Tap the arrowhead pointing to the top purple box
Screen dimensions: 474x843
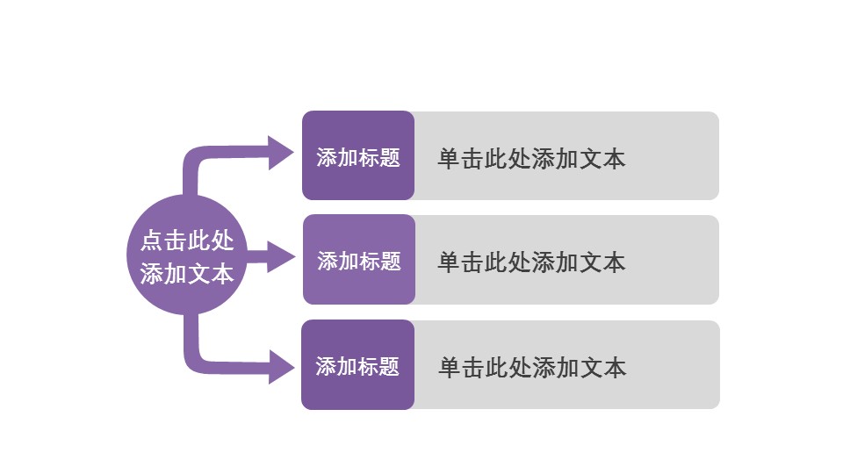tap(280, 153)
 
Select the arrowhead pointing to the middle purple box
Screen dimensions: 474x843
tap(281, 257)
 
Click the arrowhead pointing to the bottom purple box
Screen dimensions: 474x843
tap(280, 366)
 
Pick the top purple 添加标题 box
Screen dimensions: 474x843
tap(357, 155)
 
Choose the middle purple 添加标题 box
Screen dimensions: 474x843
tap(358, 260)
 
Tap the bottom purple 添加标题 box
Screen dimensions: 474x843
tap(357, 364)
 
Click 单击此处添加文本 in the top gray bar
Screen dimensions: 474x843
tap(531, 159)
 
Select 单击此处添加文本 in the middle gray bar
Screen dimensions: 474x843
tap(531, 262)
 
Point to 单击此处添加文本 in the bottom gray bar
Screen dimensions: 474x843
tap(532, 367)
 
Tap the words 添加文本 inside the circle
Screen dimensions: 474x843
tap(187, 273)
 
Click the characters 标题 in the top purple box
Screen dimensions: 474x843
tap(379, 158)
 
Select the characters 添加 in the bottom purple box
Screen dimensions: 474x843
tap(336, 366)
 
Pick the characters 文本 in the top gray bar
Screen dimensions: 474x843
tap(602, 159)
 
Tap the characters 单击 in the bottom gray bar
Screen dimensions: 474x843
tap(461, 367)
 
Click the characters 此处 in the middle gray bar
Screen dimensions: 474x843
tap(508, 262)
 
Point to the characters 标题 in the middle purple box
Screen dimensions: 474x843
tap(380, 261)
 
